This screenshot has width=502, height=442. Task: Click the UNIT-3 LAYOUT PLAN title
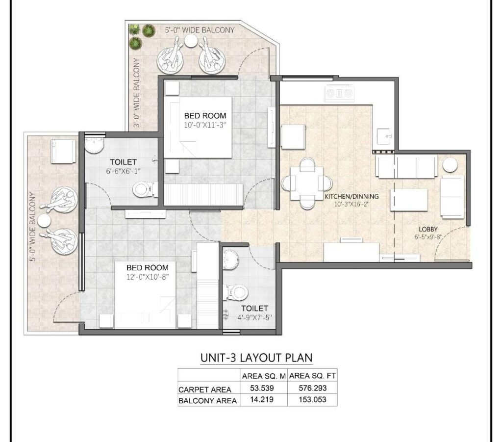[x=256, y=358]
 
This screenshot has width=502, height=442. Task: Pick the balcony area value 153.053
[x=312, y=400]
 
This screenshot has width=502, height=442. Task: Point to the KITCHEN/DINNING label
[x=351, y=197]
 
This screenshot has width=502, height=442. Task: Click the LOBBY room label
[x=428, y=229]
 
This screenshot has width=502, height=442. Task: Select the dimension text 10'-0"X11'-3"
[x=205, y=125]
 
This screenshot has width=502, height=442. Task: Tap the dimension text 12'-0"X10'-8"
[x=148, y=277]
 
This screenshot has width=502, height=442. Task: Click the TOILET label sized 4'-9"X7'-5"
[x=254, y=308]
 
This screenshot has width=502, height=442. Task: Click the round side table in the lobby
[x=449, y=165]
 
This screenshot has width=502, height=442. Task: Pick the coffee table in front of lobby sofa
[x=408, y=200]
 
